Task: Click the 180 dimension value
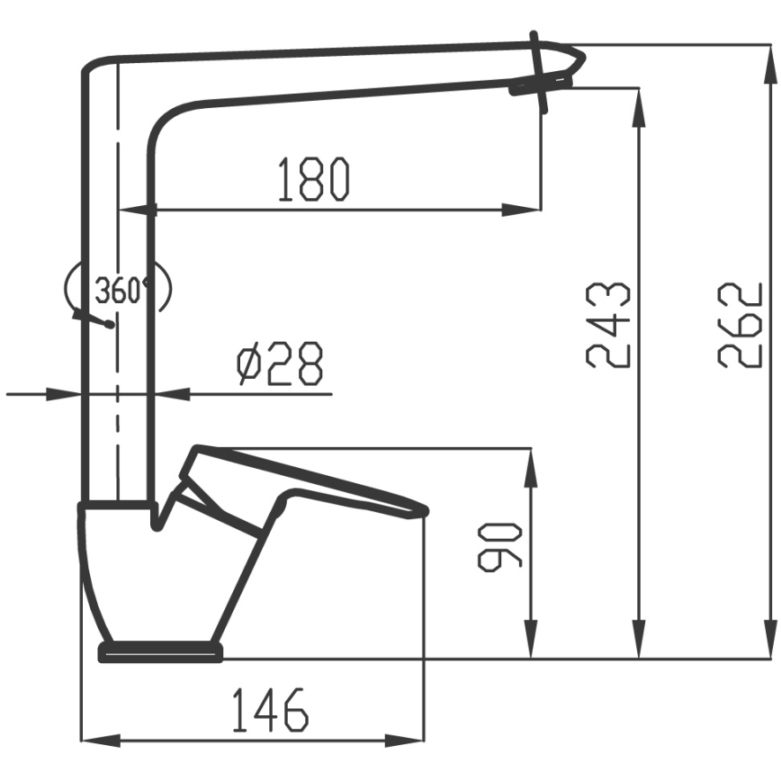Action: click(312, 178)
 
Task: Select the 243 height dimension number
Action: click(608, 325)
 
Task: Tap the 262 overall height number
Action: click(741, 325)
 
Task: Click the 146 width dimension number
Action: click(270, 711)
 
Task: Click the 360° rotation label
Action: click(121, 291)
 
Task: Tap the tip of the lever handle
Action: click(423, 511)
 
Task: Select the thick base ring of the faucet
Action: click(160, 651)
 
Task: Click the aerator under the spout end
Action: click(538, 87)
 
